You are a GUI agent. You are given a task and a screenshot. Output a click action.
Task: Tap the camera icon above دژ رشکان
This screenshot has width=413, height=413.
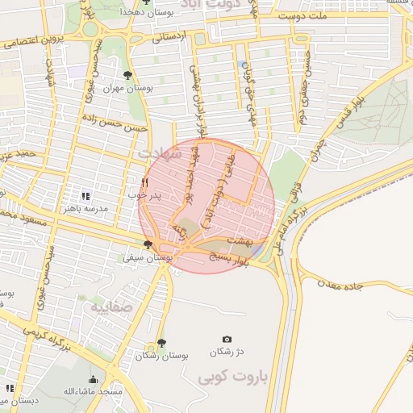(x=227, y=339)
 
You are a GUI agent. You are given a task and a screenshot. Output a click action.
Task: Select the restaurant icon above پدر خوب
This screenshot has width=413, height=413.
(x=145, y=182)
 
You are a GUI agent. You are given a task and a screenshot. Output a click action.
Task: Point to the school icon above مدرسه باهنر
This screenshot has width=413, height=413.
(x=86, y=195)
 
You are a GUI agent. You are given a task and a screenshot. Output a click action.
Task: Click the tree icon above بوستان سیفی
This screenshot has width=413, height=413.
(x=148, y=245)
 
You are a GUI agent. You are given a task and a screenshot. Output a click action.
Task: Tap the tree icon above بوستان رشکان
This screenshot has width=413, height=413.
(x=161, y=343)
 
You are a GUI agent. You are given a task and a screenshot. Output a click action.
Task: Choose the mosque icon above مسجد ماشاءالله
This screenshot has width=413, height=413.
(x=93, y=379)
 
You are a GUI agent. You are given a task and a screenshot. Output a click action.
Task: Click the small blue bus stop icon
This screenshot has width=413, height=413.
(x=244, y=65)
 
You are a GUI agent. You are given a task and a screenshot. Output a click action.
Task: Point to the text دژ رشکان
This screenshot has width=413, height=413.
(x=227, y=353)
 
